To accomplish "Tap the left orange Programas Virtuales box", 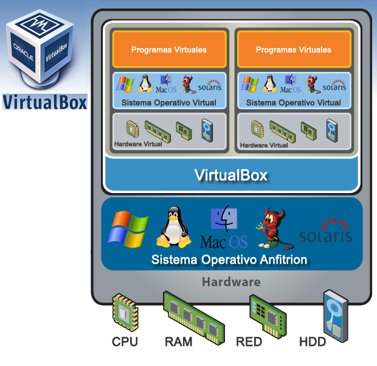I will point(168,49).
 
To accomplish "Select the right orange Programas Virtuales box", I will point(293,49).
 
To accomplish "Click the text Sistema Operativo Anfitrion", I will point(229,260).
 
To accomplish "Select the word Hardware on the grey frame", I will point(231,282).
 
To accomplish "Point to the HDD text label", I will point(313,342).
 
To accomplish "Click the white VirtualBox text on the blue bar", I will point(231,176).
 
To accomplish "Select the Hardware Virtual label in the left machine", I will point(138,144).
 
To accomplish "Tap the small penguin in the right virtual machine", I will point(269,83).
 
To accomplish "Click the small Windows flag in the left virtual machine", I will point(125,84).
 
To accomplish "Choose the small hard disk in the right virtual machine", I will point(331,130).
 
